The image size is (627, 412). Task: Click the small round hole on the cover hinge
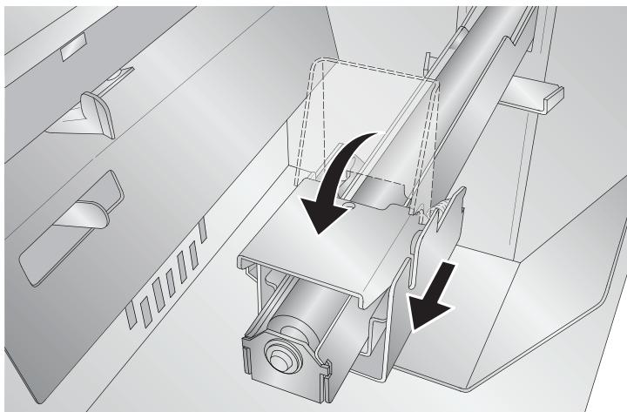click(347, 206)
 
